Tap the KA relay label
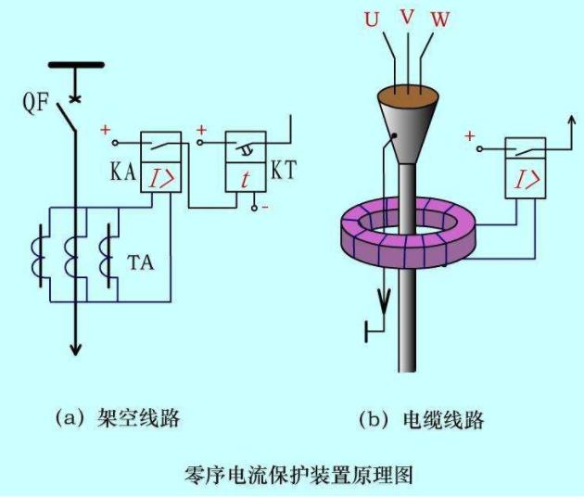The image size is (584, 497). click(x=122, y=172)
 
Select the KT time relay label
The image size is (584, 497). click(x=284, y=170)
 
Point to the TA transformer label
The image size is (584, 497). click(x=140, y=262)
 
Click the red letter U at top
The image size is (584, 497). click(x=372, y=19)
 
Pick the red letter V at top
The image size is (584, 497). click(x=407, y=17)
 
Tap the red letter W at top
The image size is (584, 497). click(x=440, y=19)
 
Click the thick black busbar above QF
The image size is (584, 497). click(x=76, y=65)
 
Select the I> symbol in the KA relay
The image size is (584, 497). click(x=161, y=179)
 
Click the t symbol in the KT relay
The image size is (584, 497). click(x=245, y=180)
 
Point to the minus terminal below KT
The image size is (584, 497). click(x=254, y=208)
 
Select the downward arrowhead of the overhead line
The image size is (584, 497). click(x=76, y=350)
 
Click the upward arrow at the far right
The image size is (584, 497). click(x=572, y=121)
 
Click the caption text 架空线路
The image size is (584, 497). click(x=138, y=418)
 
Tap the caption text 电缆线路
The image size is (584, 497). click(x=443, y=419)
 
